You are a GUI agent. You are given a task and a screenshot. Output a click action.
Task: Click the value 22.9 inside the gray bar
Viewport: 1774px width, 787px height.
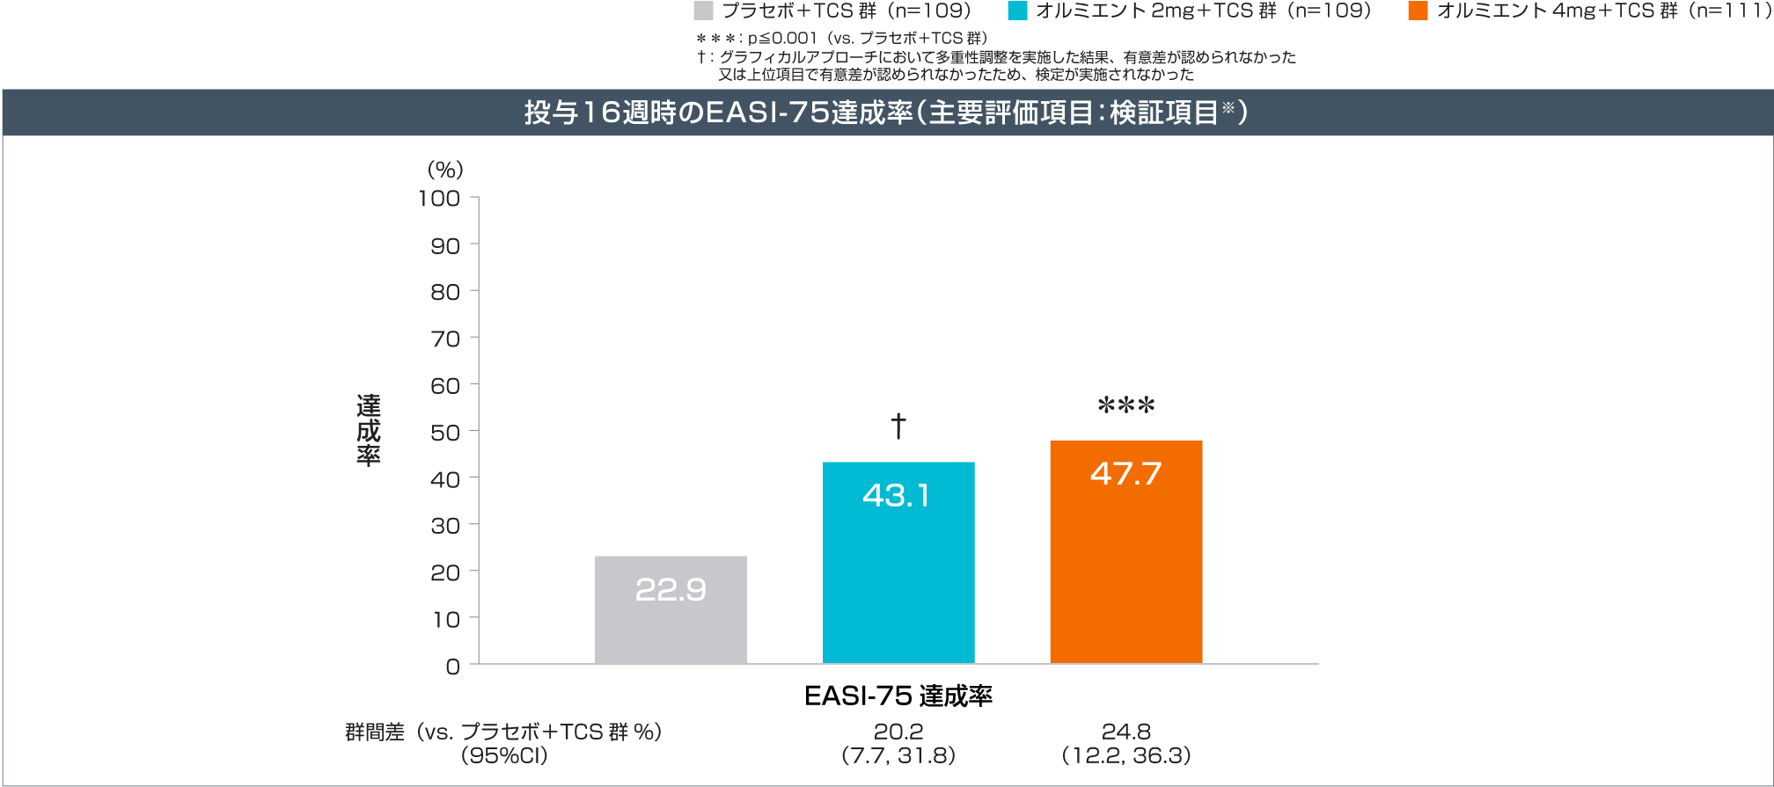click(671, 589)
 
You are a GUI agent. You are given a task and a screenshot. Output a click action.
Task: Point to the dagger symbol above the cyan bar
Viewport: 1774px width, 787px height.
click(898, 426)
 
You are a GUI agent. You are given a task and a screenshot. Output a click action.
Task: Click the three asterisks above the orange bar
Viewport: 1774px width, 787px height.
click(1125, 406)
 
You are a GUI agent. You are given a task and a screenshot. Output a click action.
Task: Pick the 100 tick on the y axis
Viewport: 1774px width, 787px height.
click(439, 199)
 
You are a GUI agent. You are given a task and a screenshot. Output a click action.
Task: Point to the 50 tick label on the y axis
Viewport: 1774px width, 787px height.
click(445, 433)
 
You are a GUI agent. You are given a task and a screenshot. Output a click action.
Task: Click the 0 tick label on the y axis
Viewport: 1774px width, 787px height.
click(452, 667)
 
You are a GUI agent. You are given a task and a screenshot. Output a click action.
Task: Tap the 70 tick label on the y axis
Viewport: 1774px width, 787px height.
click(445, 339)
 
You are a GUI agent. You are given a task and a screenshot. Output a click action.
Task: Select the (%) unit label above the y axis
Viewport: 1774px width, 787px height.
click(445, 170)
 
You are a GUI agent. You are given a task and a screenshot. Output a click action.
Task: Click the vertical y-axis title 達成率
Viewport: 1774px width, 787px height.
click(369, 430)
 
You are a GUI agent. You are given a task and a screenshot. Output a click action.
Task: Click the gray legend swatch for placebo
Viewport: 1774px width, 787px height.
click(703, 11)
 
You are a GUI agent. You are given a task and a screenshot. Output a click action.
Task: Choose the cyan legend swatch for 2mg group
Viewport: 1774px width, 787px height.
click(1017, 11)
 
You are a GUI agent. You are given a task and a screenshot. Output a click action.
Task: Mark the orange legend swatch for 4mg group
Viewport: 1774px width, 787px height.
click(1418, 11)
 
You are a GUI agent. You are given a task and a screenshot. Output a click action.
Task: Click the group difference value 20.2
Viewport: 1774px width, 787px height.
click(898, 732)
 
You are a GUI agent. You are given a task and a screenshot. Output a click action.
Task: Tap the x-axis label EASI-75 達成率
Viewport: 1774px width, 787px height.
click(898, 696)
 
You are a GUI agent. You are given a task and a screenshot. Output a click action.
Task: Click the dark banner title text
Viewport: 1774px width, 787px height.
click(885, 113)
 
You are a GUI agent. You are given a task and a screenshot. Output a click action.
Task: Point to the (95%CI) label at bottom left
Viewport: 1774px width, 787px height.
click(504, 755)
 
